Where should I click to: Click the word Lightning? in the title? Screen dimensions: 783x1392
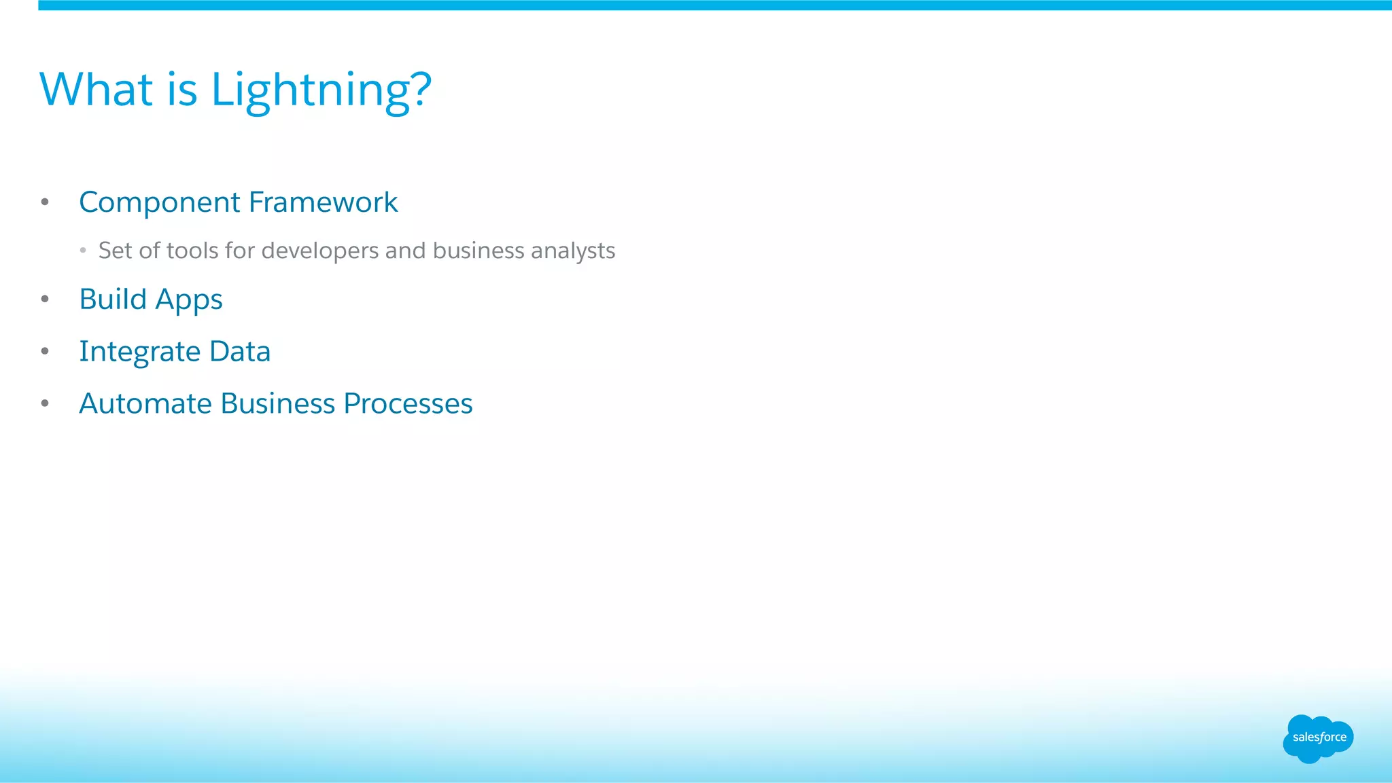[x=321, y=90]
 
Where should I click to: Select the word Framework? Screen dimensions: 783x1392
[x=323, y=202]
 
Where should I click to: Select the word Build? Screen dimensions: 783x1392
[x=113, y=299]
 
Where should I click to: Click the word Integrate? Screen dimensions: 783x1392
[x=139, y=352]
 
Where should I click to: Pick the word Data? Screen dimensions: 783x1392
[x=240, y=351]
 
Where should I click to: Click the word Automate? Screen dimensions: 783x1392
[x=145, y=403]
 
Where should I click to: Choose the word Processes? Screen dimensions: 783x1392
[x=408, y=403]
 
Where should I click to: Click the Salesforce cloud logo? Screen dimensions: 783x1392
[x=1318, y=738]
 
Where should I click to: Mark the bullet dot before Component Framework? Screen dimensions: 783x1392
[x=45, y=202]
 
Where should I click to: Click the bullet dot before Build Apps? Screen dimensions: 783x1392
[x=45, y=299]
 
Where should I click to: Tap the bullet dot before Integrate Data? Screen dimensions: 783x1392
[x=45, y=351]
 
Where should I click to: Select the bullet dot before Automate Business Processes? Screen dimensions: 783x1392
[x=45, y=403]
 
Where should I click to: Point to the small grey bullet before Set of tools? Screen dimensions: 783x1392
[x=83, y=251]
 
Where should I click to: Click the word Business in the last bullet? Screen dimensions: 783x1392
[x=278, y=403]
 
